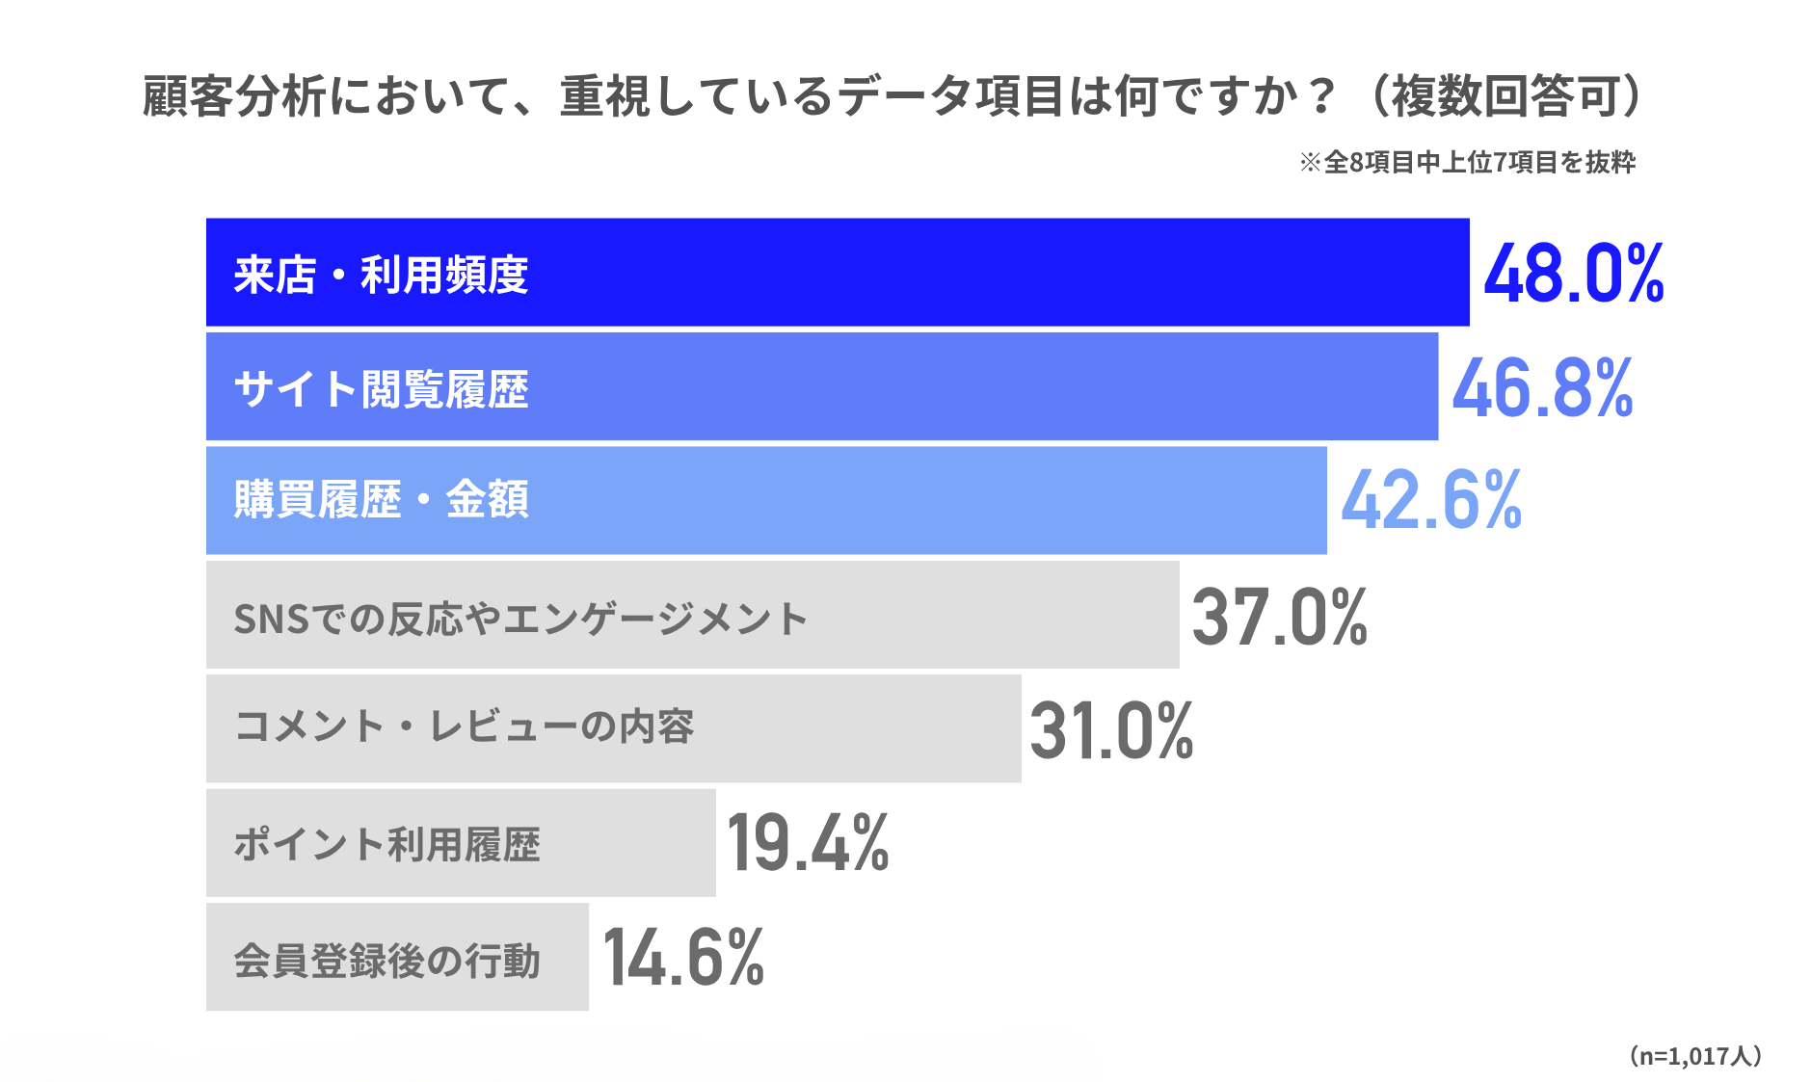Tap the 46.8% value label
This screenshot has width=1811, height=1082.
(1542, 387)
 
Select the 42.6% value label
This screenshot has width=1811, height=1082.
(1430, 500)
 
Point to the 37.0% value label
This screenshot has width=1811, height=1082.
(1279, 617)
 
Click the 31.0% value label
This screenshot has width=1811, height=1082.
(1111, 730)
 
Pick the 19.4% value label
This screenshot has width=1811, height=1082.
(808, 844)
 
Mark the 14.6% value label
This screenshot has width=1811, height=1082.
(682, 958)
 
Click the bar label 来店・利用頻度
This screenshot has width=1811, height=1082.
(381, 275)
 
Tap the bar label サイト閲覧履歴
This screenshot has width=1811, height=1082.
(381, 389)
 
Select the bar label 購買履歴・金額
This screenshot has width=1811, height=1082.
(381, 500)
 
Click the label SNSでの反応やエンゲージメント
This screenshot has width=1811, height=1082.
(519, 619)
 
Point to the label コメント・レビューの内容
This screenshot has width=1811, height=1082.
(464, 726)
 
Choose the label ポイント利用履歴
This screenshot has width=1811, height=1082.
(386, 845)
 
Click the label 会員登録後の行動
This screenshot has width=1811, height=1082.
(386, 961)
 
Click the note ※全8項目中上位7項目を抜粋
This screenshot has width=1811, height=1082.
(1467, 162)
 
